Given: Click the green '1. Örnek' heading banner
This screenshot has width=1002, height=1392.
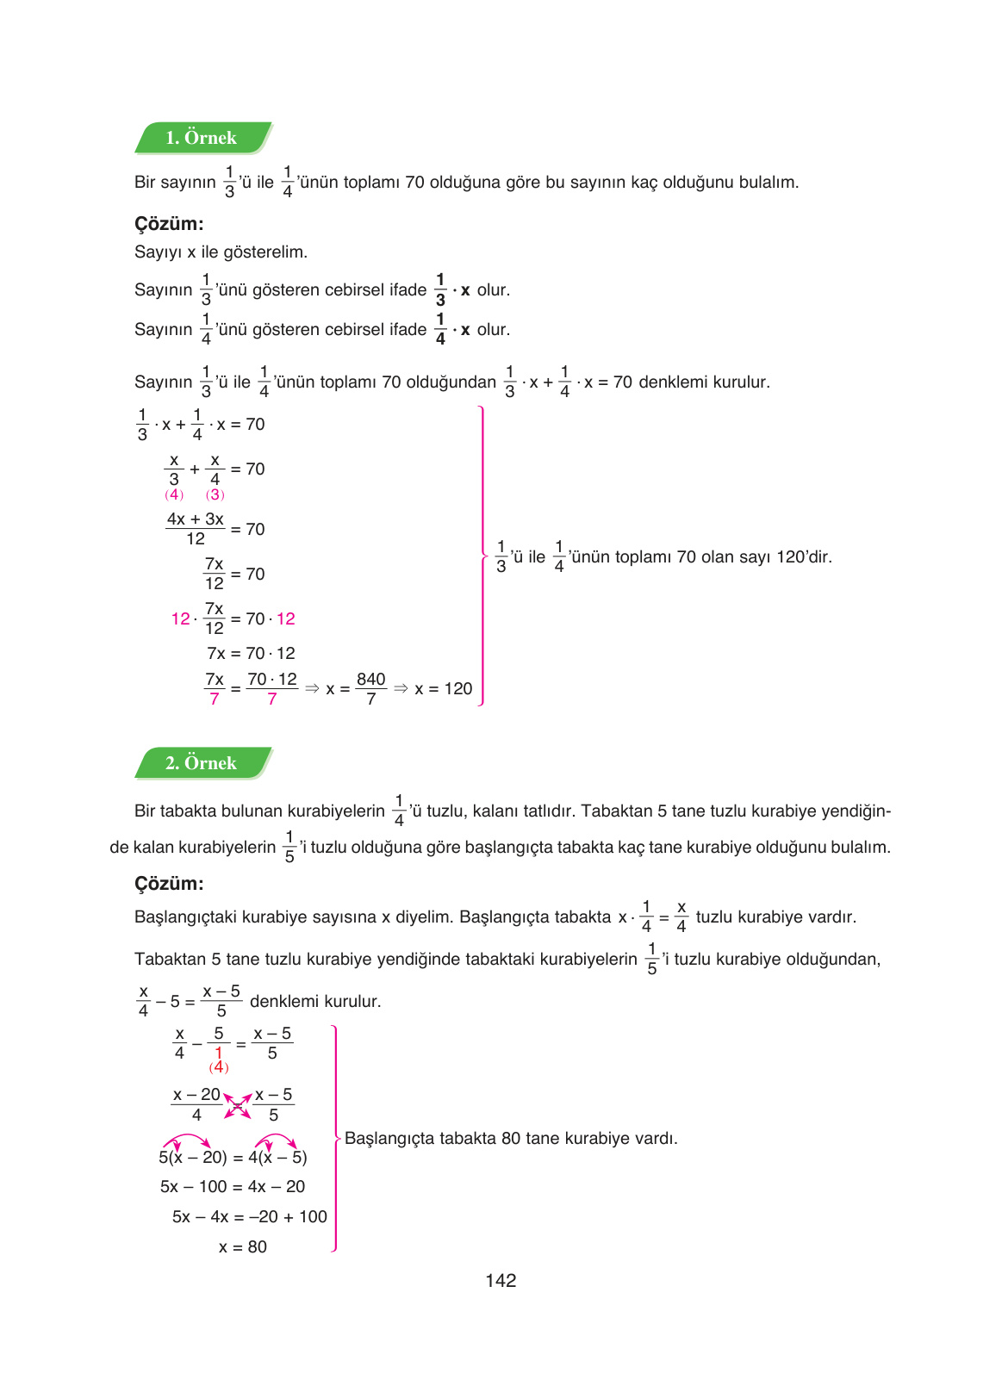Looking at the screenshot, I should click(202, 138).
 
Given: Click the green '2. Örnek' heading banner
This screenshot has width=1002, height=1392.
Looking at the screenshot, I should click(202, 763).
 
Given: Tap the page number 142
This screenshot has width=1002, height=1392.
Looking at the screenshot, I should click(501, 1281).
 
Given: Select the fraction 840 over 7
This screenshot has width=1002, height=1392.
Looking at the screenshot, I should click(371, 689).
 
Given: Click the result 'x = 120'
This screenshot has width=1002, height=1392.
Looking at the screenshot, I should click(443, 689).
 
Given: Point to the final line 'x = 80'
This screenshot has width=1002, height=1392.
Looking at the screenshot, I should click(243, 1247).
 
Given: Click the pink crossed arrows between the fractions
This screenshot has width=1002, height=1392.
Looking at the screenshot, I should click(238, 1105).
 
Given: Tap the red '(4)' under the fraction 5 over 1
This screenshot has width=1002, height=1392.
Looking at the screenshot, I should click(219, 1067).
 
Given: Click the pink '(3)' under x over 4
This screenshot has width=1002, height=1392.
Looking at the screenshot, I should click(215, 494).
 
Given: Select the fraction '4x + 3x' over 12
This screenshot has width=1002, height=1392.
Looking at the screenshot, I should click(196, 529).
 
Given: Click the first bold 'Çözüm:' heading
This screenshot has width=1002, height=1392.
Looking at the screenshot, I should click(169, 224).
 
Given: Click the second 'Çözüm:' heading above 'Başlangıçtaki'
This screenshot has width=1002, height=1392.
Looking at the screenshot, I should click(169, 884).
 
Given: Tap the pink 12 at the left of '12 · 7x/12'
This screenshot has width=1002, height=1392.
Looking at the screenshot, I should click(180, 618).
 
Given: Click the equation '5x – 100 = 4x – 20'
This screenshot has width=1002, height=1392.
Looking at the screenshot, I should click(233, 1187).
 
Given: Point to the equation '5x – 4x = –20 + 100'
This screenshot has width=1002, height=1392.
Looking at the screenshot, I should click(250, 1217).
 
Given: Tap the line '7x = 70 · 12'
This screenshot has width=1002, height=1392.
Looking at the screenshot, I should click(251, 654).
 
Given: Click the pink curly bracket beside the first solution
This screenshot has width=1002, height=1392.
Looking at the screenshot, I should click(482, 556).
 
